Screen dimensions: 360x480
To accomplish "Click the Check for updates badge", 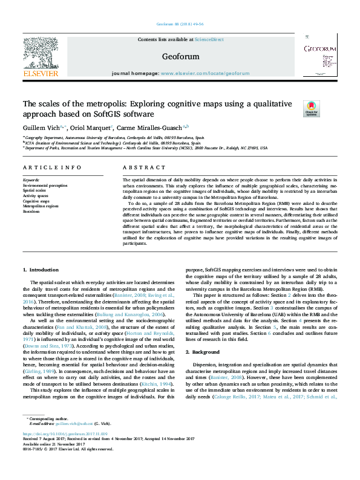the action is (328, 108).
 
